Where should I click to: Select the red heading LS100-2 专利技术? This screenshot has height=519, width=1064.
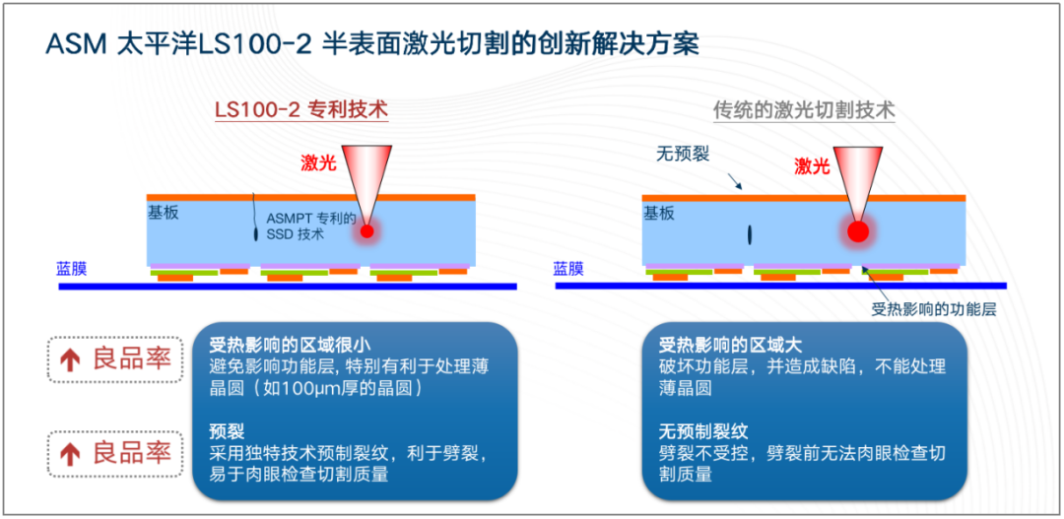click(x=301, y=109)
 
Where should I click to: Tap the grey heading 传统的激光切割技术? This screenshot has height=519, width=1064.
click(x=804, y=110)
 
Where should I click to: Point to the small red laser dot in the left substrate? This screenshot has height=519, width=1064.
click(x=367, y=232)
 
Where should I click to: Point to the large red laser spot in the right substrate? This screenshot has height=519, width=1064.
click(x=857, y=232)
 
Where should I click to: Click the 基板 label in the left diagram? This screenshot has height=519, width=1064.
click(x=164, y=213)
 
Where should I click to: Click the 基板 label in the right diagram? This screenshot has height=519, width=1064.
click(x=658, y=213)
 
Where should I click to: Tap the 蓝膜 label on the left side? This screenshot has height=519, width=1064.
click(x=72, y=268)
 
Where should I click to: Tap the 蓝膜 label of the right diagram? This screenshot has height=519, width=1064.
click(x=568, y=268)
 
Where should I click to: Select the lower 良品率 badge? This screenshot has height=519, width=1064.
click(x=116, y=453)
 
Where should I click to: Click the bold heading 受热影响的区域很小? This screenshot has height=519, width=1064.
click(x=290, y=345)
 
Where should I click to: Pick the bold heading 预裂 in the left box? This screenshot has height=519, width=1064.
click(x=226, y=431)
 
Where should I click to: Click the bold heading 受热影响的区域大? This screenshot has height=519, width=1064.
click(x=730, y=345)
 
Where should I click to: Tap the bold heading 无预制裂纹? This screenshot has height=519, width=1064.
click(x=703, y=431)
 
